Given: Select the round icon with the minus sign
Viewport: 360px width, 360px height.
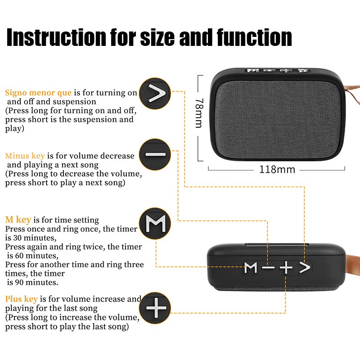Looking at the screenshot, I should click(155, 154).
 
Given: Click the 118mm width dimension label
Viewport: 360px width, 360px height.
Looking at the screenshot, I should click(277, 170).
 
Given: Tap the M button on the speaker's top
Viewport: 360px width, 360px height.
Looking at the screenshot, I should click(251, 268).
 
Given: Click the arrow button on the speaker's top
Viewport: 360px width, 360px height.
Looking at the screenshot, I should click(305, 268).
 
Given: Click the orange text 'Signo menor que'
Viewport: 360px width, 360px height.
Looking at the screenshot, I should click(38, 93).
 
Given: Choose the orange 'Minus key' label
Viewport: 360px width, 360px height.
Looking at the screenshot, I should click(25, 156).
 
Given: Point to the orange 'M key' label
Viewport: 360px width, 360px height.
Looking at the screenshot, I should click(18, 220).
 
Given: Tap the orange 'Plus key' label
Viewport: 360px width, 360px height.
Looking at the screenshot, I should click(21, 299).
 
